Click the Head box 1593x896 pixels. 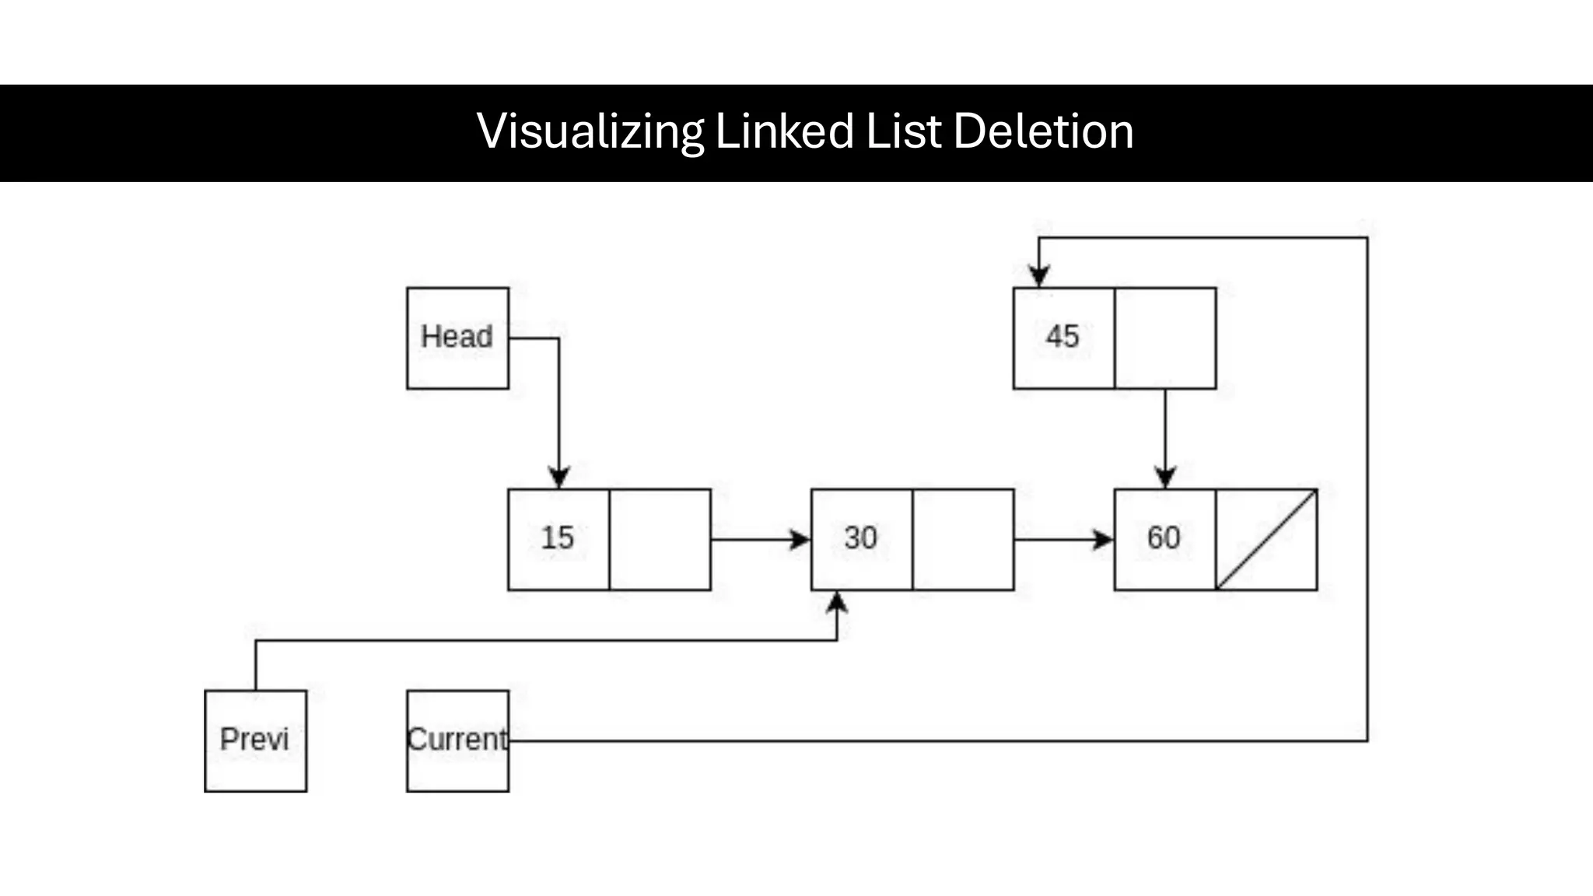pyautogui.click(x=457, y=338)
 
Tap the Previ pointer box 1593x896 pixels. pyautogui.click(x=255, y=740)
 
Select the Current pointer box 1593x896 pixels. pyautogui.click(x=457, y=740)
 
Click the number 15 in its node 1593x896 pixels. pyautogui.click(x=558, y=538)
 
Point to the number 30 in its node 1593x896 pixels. pyautogui.click(x=861, y=538)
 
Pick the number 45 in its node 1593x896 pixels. pyautogui.click(x=1063, y=337)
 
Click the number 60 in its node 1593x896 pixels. pyautogui.click(x=1164, y=538)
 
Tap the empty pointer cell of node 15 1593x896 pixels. pyautogui.click(x=660, y=539)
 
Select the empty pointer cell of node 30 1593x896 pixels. pyautogui.click(x=963, y=539)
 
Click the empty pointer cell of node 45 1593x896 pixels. pyautogui.click(x=1165, y=338)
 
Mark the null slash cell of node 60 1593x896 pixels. pyautogui.click(x=1266, y=539)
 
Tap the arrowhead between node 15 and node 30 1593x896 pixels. pyautogui.click(x=800, y=539)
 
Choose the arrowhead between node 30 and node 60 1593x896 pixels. pyautogui.click(x=1103, y=539)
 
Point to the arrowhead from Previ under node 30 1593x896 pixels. pyautogui.click(x=837, y=604)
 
